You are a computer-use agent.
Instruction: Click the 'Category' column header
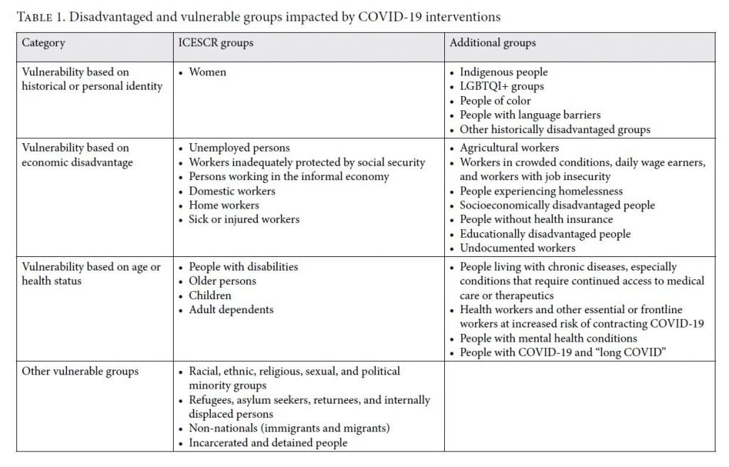point(43,43)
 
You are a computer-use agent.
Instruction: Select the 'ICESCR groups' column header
point(216,43)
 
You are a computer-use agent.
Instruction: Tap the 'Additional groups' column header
point(493,43)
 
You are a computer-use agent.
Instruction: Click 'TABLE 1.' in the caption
point(41,17)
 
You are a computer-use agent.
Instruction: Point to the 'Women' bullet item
point(207,72)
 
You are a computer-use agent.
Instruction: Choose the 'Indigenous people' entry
point(503,72)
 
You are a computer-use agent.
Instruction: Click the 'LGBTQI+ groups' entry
point(502,86)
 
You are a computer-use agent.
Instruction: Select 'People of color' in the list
point(495,100)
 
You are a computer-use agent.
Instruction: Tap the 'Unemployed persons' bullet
point(239,148)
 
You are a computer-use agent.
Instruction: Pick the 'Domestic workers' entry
point(232,191)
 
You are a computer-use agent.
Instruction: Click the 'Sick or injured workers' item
point(244,219)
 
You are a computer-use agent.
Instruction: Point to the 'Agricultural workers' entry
point(509,148)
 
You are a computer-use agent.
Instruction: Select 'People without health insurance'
point(536,219)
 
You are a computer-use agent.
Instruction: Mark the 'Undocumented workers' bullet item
point(518,248)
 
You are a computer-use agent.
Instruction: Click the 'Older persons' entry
point(222,281)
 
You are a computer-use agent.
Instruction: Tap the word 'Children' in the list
point(210,295)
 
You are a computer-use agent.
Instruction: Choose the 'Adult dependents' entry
point(231,310)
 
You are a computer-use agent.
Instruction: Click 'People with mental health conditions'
point(548,338)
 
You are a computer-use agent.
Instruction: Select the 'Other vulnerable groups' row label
point(80,371)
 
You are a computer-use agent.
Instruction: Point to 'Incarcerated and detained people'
point(268,442)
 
